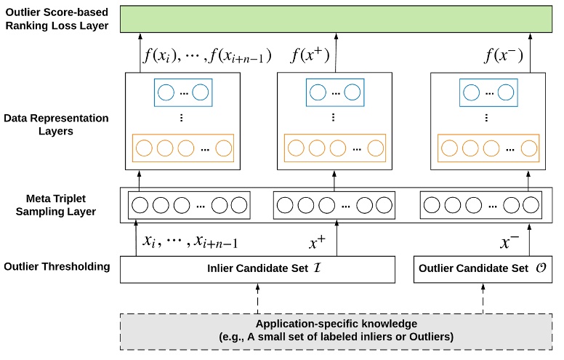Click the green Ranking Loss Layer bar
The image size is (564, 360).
[335, 19]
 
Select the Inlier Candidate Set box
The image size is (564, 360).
[257, 269]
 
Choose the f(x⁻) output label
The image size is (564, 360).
[503, 55]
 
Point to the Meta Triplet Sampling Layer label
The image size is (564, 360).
[57, 204]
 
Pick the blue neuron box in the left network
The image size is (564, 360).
[182, 92]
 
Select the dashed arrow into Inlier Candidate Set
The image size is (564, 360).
[257, 297]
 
